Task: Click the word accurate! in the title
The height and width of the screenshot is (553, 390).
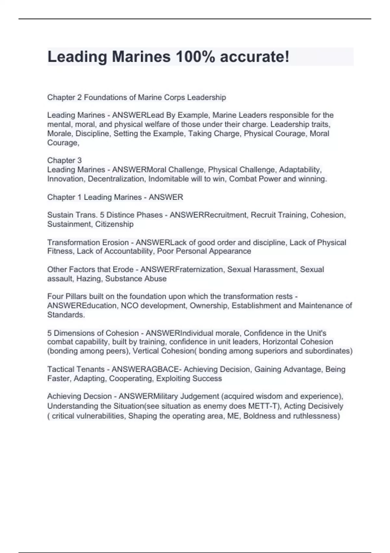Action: point(254,57)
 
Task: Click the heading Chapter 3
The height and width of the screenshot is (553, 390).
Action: point(64,160)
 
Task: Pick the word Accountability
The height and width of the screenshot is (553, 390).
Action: point(130,251)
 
